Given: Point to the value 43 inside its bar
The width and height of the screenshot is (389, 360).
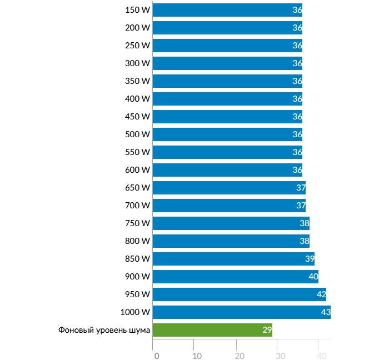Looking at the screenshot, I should (326, 312).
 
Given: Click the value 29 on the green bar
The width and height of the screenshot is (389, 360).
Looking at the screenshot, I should (267, 330).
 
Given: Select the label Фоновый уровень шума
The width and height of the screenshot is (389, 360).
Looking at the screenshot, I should (104, 330).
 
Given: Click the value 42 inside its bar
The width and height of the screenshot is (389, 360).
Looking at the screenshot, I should (321, 294).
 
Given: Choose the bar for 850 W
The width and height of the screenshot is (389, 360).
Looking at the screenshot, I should (233, 258).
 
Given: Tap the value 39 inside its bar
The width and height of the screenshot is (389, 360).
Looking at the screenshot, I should (310, 259).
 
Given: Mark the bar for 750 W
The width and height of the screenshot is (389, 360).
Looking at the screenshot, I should (231, 223).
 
